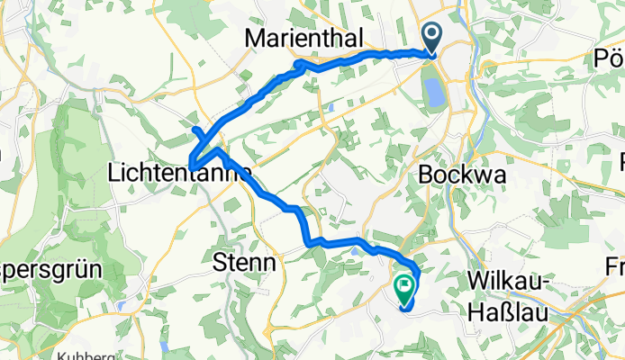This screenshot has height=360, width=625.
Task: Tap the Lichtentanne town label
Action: click(x=179, y=172)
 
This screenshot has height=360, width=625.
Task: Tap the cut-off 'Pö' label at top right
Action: click(x=610, y=58)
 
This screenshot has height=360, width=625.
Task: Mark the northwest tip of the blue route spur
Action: click(x=195, y=130)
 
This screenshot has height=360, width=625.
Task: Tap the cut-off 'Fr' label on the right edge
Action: click(x=615, y=267)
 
